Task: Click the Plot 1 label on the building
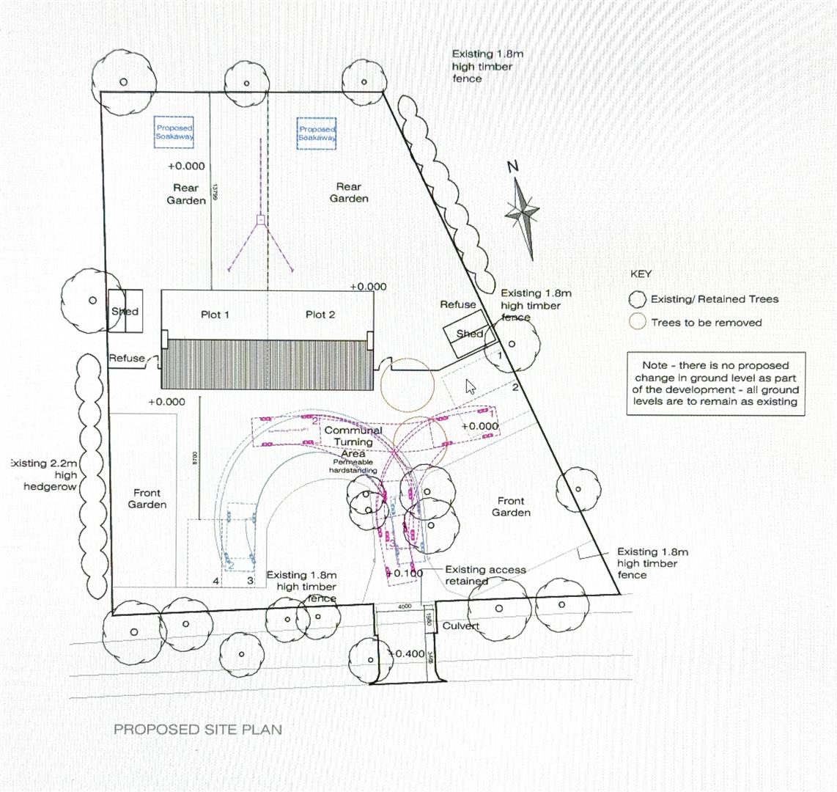click(x=215, y=315)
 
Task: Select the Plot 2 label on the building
click(x=320, y=315)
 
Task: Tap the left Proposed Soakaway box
click(x=174, y=133)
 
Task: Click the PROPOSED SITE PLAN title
click(x=197, y=730)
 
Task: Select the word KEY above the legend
click(x=641, y=274)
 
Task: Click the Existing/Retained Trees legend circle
click(x=638, y=299)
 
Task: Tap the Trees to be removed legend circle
click(x=638, y=322)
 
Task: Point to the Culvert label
click(x=461, y=626)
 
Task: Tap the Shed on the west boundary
click(x=125, y=312)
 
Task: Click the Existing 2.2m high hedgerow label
click(x=45, y=475)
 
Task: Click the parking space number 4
click(x=215, y=581)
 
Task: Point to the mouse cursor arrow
click(x=470, y=386)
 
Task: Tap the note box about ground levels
click(x=715, y=384)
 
